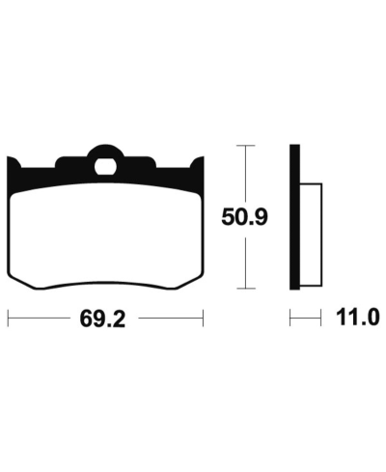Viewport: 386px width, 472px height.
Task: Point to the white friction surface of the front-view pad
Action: click(106, 232)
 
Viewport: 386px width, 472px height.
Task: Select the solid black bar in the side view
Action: click(296, 216)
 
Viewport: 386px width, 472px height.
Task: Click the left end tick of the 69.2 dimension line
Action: click(8, 316)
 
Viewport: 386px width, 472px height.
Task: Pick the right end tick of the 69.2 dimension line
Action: click(204, 316)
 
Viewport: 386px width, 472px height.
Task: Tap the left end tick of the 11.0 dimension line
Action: click(291, 316)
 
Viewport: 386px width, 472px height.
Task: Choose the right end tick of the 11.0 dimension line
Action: click(318, 316)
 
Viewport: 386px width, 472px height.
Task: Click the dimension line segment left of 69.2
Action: click(43, 316)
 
